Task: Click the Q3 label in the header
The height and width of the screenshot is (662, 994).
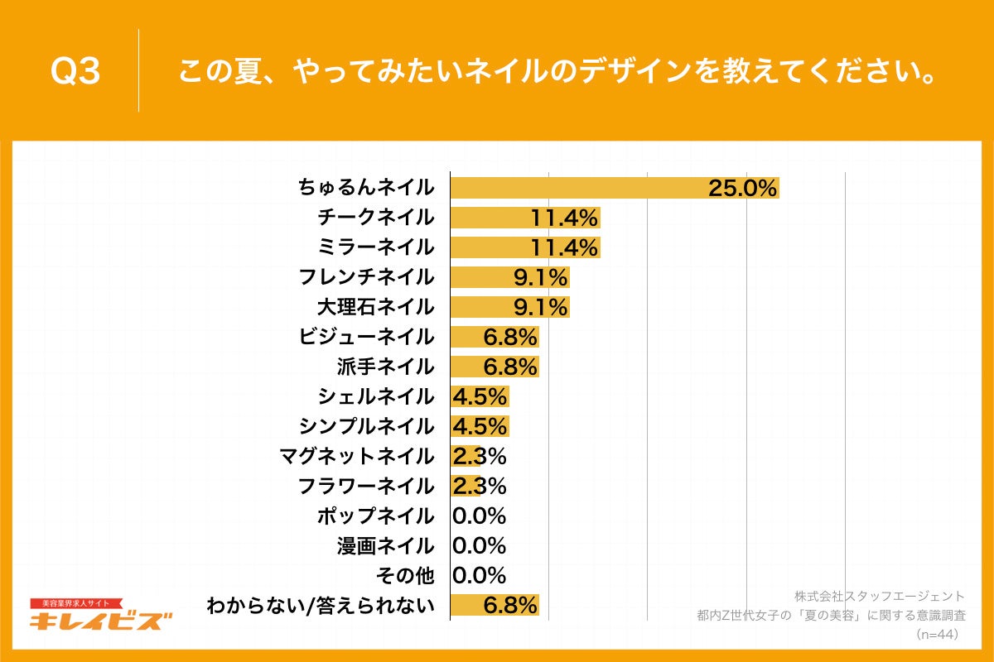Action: (75, 72)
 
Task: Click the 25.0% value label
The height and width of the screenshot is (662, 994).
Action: (742, 188)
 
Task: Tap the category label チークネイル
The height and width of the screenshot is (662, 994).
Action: (375, 218)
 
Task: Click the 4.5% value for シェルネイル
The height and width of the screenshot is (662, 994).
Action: (480, 396)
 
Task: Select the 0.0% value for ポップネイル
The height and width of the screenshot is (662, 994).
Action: (480, 516)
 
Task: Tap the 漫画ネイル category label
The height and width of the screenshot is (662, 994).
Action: (385, 546)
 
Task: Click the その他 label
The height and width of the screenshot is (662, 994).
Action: (405, 576)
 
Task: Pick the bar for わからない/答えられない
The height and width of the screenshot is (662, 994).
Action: (495, 606)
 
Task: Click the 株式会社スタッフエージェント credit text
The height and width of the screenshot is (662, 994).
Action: (879, 596)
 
